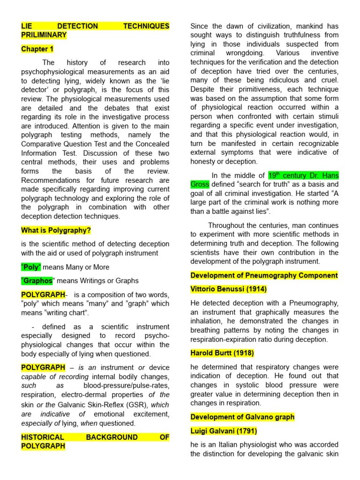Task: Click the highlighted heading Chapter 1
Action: tap(37, 49)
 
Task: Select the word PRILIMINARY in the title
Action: tap(44, 35)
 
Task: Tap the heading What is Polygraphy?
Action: tap(56, 230)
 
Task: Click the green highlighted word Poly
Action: tap(31, 267)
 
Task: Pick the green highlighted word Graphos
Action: tap(37, 281)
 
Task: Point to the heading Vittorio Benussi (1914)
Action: tap(228, 289)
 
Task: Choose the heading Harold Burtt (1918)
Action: tap(222, 353)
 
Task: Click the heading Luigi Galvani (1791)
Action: tap(224, 431)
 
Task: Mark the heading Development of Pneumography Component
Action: tap(264, 275)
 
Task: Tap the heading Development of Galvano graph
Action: tap(242, 417)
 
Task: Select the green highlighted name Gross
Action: tap(199, 184)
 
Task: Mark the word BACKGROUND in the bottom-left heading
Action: tap(112, 437)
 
